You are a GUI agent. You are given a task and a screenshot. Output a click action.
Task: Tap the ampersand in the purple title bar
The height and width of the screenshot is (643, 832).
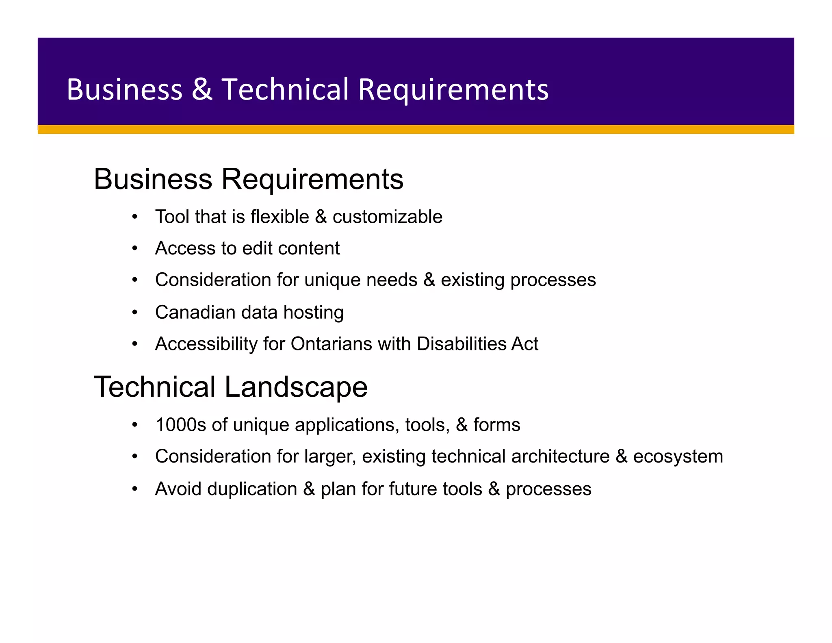(x=202, y=89)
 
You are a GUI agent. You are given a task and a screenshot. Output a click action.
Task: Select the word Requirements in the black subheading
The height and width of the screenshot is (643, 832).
(x=312, y=179)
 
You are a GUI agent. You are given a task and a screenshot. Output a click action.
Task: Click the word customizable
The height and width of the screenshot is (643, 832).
(x=387, y=217)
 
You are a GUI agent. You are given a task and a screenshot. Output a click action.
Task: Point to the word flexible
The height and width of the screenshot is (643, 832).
(x=280, y=217)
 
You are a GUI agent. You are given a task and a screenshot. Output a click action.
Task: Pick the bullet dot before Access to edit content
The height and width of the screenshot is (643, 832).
(x=135, y=248)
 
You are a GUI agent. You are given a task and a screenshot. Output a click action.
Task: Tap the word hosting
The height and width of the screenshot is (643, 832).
(x=313, y=312)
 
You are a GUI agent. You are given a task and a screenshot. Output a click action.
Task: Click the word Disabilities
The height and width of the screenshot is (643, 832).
(x=461, y=344)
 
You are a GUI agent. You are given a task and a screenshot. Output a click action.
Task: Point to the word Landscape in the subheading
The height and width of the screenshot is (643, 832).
(x=296, y=387)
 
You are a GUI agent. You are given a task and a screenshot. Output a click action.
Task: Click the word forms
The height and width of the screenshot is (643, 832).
(x=496, y=425)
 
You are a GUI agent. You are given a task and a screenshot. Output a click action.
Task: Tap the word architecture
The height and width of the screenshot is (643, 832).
(x=560, y=456)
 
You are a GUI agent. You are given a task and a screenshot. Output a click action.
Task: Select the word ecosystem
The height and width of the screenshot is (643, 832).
(x=678, y=456)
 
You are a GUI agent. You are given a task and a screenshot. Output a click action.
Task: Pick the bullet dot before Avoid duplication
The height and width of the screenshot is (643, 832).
(x=135, y=489)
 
